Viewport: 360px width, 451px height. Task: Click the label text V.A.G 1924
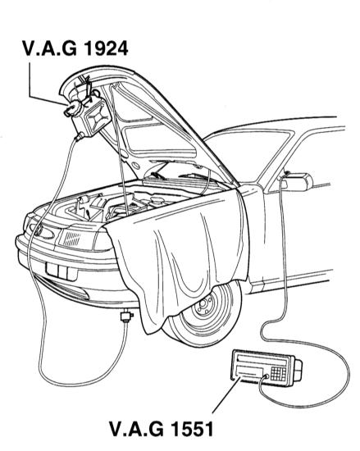[75, 48]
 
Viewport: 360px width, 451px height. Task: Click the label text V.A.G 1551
[162, 429]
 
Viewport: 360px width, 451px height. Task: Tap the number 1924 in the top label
[106, 48]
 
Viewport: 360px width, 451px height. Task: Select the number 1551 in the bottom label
[193, 429]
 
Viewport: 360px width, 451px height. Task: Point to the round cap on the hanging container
[72, 108]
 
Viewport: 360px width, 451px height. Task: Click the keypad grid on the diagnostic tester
[279, 373]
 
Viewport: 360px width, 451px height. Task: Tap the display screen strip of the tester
[262, 360]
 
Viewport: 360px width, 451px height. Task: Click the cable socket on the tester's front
[267, 376]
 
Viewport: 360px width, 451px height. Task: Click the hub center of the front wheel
[205, 307]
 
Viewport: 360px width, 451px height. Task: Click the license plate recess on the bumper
[62, 271]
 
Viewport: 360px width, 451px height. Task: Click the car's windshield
[248, 155]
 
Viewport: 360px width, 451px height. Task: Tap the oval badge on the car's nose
[43, 231]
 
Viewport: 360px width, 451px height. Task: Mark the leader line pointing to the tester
[226, 395]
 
